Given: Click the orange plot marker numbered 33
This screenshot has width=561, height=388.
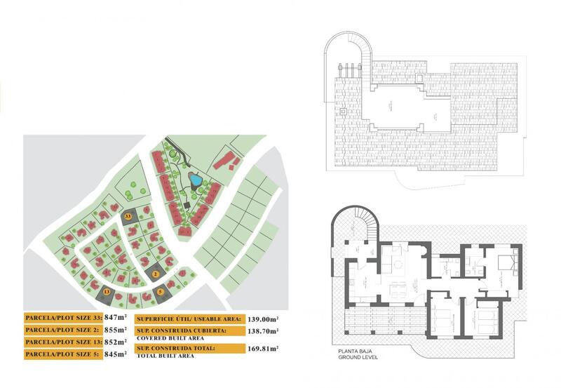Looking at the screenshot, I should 128,218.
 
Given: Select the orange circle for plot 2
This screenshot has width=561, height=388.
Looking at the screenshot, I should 156,274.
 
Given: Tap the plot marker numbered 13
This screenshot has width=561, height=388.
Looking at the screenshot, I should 107,290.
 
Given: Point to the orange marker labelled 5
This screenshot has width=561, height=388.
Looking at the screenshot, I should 160,291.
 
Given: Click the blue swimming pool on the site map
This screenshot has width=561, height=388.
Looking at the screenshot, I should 196,180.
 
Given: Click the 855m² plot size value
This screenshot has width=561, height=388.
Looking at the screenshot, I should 114,330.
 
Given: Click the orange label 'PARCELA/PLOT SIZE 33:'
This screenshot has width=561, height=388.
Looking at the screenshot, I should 62,317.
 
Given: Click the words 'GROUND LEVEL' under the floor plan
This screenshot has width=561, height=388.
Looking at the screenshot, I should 360,359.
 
